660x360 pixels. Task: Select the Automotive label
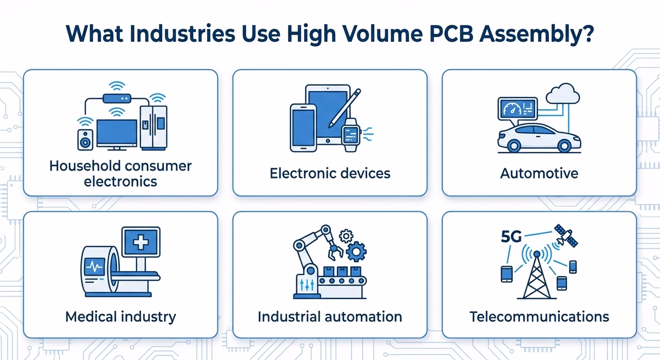(539, 173)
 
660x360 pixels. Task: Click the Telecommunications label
(539, 316)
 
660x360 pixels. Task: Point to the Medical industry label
(120, 316)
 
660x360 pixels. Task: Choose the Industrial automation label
(330, 316)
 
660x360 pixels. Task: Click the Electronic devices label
(330, 173)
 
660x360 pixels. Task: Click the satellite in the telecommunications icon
(566, 236)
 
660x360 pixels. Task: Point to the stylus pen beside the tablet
(345, 108)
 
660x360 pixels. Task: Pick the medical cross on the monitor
(140, 242)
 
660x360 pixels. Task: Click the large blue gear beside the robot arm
(356, 252)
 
